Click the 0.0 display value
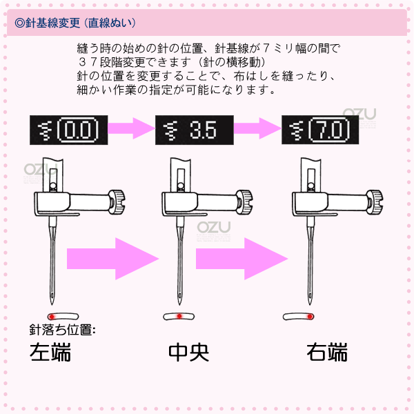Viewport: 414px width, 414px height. (x=77, y=130)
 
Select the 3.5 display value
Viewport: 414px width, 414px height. (x=203, y=130)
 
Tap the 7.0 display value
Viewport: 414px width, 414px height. (x=329, y=130)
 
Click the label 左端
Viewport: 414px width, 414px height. (x=50, y=352)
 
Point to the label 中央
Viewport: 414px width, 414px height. (x=189, y=352)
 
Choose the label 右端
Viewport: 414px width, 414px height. (x=327, y=352)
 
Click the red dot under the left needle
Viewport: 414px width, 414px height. (x=52, y=316)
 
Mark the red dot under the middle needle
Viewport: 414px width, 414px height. (x=179, y=316)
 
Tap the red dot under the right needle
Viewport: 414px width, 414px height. (x=310, y=316)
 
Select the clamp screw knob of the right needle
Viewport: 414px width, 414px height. (x=375, y=202)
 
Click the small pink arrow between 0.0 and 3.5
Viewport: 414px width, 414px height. (x=131, y=128)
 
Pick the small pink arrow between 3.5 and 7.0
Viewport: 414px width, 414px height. (x=257, y=128)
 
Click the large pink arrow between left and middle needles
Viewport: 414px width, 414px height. (x=112, y=259)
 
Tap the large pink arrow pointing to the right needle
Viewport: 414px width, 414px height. (x=241, y=259)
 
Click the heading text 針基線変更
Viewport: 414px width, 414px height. (x=53, y=23)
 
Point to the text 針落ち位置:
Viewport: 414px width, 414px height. (x=62, y=330)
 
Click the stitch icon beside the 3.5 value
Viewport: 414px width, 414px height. (x=171, y=130)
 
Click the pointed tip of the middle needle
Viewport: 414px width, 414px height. (x=179, y=305)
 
